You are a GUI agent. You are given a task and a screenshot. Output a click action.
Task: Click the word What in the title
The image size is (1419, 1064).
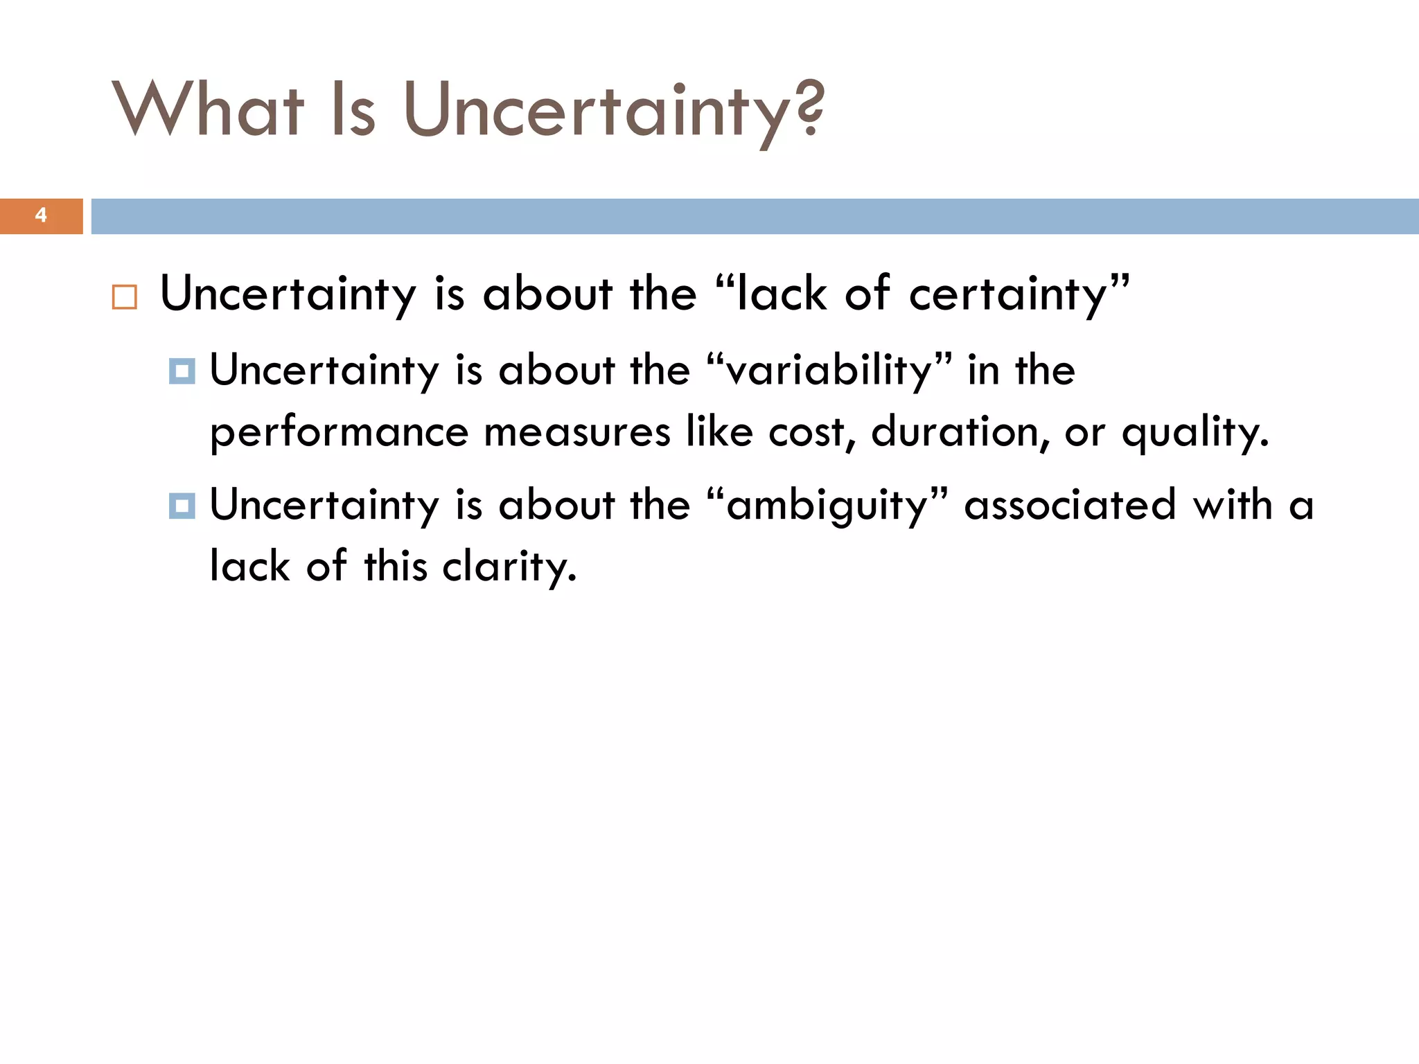pos(208,109)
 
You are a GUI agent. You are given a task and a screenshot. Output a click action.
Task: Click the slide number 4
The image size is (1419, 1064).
pos(41,215)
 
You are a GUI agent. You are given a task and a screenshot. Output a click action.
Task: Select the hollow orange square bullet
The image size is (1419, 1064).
pos(125,297)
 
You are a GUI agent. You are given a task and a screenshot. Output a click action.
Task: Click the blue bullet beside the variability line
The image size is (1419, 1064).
pos(182,371)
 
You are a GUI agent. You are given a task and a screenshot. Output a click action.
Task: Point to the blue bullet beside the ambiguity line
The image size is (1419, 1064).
pos(182,506)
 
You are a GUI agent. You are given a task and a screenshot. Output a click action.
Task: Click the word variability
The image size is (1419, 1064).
pos(828,371)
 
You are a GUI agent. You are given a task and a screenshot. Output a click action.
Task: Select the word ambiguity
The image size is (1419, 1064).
pos(827,506)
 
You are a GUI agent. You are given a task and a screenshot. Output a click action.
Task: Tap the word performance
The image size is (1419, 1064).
pos(339,433)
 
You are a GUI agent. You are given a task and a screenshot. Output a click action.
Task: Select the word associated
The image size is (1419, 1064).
pos(1070,504)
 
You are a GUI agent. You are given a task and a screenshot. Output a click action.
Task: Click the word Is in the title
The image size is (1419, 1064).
pos(353,109)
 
